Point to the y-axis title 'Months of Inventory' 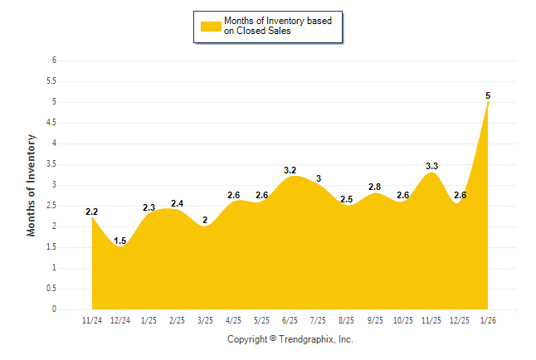[32, 185]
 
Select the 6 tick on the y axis [54, 61]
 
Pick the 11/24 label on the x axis [92, 319]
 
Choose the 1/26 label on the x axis [488, 319]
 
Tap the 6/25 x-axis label [290, 319]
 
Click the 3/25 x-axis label [205, 319]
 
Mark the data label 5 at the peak [488, 95]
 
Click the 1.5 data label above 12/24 [120, 241]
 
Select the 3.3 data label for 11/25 [431, 166]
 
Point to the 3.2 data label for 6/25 [290, 170]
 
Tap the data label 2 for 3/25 [205, 220]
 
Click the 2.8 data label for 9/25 [375, 187]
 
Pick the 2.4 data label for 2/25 [177, 203]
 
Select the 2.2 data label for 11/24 [92, 212]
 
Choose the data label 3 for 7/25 [319, 178]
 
